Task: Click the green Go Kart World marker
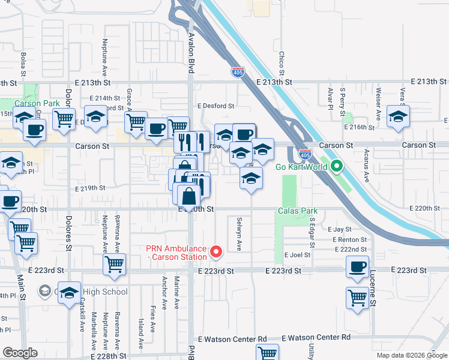(x=337, y=166)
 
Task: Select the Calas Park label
(x=297, y=211)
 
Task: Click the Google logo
(x=20, y=352)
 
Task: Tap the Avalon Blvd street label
(x=191, y=53)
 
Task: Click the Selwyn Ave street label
(x=240, y=235)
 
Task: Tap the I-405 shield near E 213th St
(x=238, y=72)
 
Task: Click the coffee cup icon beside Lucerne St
(x=358, y=266)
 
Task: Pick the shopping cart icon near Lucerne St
(x=358, y=297)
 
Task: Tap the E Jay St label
(x=339, y=229)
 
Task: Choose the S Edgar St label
(x=312, y=232)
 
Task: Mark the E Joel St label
(x=297, y=254)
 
